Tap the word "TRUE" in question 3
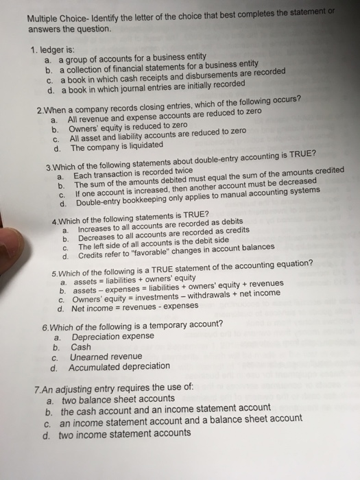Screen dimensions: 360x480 click(301, 152)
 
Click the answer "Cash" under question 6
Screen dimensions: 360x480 click(82, 347)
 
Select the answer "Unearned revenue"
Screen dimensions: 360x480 click(107, 357)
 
